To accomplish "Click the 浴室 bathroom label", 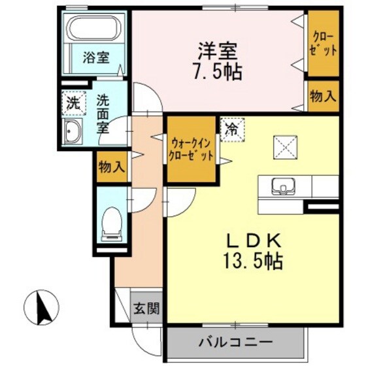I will pyautogui.click(x=95, y=58).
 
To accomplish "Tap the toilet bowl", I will pyautogui.click(x=113, y=222).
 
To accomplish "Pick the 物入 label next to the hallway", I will pyautogui.click(x=110, y=167).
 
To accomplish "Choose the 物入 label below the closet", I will pyautogui.click(x=323, y=96).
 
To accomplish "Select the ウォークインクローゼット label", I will pyautogui.click(x=191, y=149).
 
